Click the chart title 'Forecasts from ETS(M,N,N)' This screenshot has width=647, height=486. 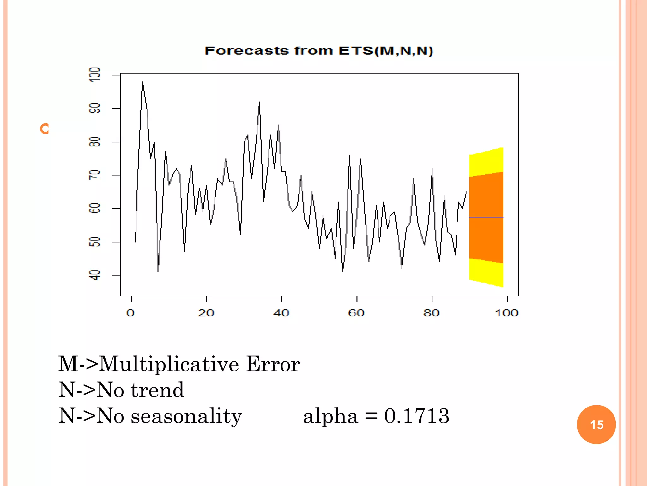click(x=318, y=51)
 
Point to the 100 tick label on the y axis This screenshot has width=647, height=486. click(x=95, y=75)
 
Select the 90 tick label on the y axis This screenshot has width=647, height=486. click(x=95, y=108)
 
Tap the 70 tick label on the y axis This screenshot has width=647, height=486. click(x=95, y=175)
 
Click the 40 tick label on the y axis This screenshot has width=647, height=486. click(x=95, y=275)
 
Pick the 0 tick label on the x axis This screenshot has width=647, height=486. click(x=130, y=313)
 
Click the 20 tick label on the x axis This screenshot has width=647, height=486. click(x=206, y=313)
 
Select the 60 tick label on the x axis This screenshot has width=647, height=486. click(x=356, y=313)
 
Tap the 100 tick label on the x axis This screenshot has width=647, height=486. click(x=506, y=313)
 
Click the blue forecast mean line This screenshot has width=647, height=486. click(x=487, y=217)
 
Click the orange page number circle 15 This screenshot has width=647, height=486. click(x=596, y=424)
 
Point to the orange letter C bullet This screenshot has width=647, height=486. click(x=45, y=129)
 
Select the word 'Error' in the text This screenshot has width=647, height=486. click(x=273, y=364)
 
